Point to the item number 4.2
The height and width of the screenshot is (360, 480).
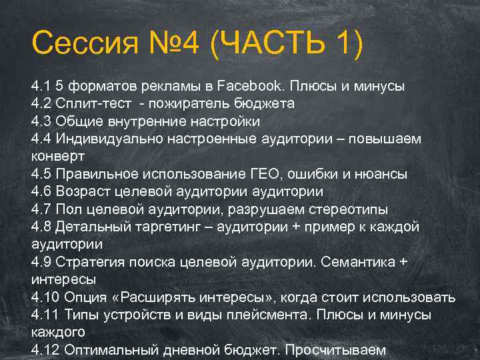(41, 104)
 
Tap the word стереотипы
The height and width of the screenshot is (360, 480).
(347, 209)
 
